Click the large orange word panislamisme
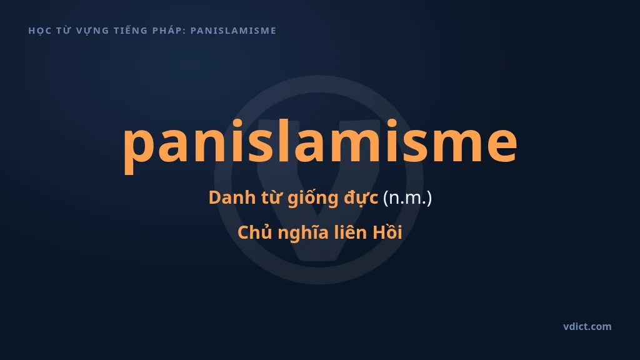click(x=320, y=144)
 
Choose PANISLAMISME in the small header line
click(x=234, y=31)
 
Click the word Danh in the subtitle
click(x=228, y=197)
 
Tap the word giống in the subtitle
click(x=313, y=198)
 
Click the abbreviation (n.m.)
click(x=407, y=198)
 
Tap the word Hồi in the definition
click(x=387, y=232)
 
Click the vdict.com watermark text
click(x=587, y=326)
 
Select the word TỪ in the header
click(x=64, y=31)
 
